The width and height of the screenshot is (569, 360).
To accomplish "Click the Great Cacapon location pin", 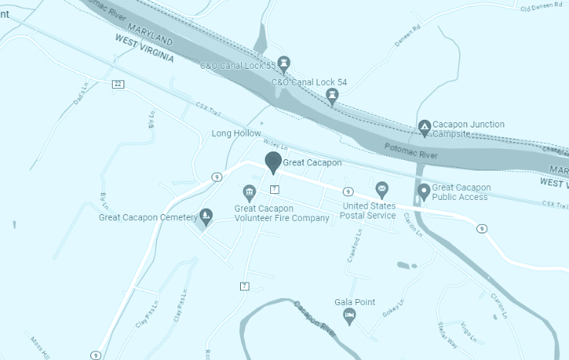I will coord(273,161).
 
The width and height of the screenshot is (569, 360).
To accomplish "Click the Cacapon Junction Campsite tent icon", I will coord(424,127).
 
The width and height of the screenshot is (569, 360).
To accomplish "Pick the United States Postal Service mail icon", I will coord(381,189).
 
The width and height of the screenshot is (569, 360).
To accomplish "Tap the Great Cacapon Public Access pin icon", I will coord(423,190).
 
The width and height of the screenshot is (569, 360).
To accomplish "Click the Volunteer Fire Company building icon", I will coord(249,192).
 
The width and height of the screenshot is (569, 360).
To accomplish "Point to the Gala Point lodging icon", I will coord(350,315).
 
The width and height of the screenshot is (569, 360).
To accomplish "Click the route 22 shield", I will coord(117,84).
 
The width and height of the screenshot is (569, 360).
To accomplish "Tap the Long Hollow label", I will coord(237,134).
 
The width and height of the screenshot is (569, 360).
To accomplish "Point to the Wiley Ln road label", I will coord(275,144).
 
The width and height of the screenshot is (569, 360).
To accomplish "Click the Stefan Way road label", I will coord(448,333).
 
